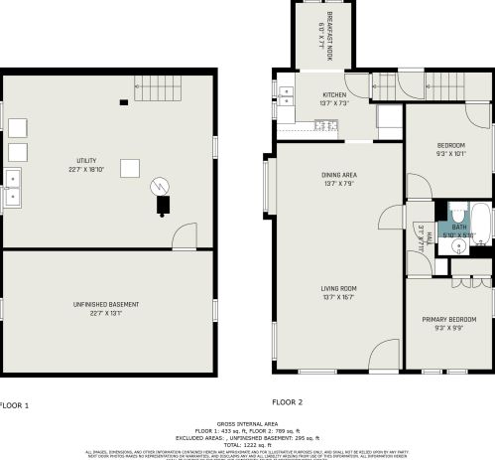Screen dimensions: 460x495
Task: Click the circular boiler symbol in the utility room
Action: tap(160, 186)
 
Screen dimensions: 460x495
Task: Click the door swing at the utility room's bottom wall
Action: tap(184, 236)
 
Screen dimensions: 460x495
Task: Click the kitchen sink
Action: tap(322, 124)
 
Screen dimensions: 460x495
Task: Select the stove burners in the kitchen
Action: tap(286, 96)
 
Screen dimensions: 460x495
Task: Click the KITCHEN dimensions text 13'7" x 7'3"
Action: tap(334, 103)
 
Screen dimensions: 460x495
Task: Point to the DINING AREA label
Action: tap(338, 175)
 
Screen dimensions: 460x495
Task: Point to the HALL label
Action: tap(422, 237)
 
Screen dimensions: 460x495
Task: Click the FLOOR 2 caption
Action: tap(287, 402)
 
